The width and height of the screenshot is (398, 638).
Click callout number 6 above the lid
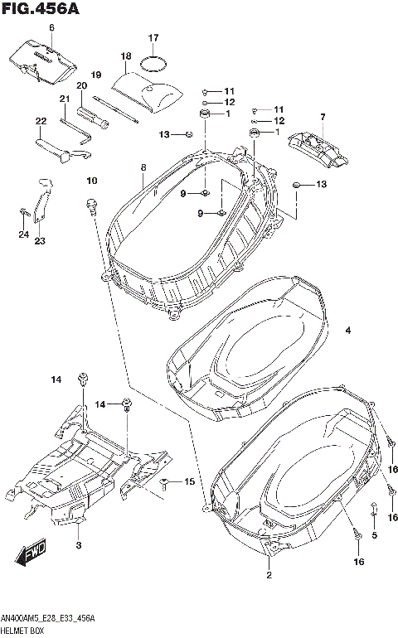51,28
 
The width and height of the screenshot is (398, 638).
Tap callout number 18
125,56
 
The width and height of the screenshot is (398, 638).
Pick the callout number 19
95,75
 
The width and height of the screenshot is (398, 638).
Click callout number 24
24,234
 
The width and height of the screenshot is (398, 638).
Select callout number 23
39,241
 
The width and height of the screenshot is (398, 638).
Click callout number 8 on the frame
143,168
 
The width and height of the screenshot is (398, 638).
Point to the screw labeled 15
164,482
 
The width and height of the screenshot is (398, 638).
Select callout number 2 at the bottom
269,574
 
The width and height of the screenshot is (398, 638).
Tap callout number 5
374,536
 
